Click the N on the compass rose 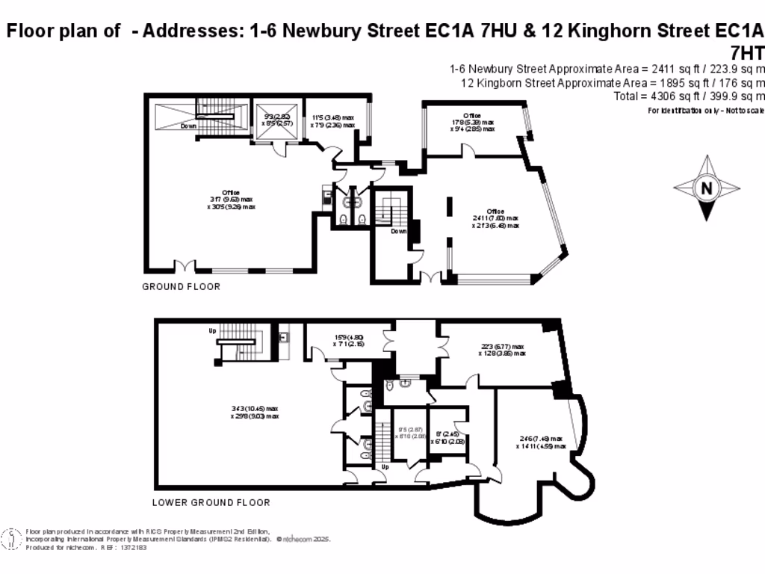tap(706, 188)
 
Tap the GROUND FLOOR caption tap(182, 286)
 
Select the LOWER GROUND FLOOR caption tap(211, 502)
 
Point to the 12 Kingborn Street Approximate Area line tap(612, 82)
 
